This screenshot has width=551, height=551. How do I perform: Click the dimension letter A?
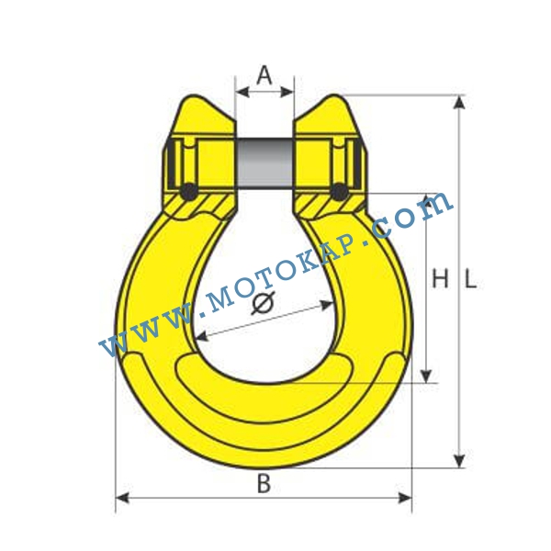264,75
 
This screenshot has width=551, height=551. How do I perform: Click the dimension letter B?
264,483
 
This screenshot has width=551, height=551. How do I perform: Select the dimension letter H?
440,278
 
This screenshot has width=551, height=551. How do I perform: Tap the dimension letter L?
471,278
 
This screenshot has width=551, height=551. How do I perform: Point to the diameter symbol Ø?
264,303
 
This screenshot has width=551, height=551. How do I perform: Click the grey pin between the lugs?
265,163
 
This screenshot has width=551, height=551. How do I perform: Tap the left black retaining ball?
188,192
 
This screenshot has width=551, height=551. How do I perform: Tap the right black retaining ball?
340,192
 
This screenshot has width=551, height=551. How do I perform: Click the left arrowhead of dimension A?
242,93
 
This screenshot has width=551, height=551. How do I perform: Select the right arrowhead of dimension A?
287,93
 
